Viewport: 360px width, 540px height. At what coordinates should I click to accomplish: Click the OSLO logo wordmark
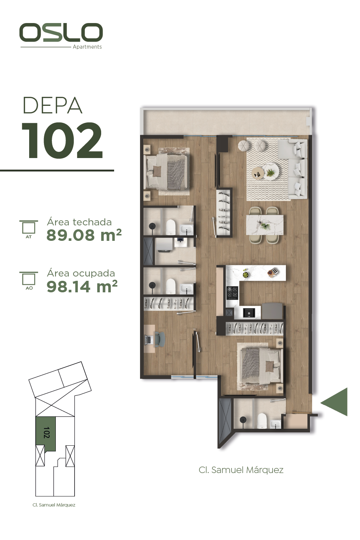click(x=61, y=32)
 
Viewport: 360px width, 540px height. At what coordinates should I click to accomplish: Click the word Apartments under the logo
click(x=87, y=47)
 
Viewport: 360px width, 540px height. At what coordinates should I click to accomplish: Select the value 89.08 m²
click(x=84, y=235)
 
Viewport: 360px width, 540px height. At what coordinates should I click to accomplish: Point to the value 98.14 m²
click(x=82, y=286)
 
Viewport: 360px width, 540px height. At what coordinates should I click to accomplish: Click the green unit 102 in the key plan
click(x=46, y=433)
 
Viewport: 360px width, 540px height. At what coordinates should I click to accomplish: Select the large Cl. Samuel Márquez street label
click(x=241, y=470)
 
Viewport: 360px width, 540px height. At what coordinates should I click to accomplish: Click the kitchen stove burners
click(x=232, y=293)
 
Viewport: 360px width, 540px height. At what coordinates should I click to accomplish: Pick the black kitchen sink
click(x=248, y=312)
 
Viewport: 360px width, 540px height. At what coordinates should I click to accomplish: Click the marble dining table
click(x=265, y=225)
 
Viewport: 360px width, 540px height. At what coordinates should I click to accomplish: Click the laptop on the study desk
click(x=148, y=340)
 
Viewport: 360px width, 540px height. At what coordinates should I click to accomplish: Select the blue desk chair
click(x=159, y=339)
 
